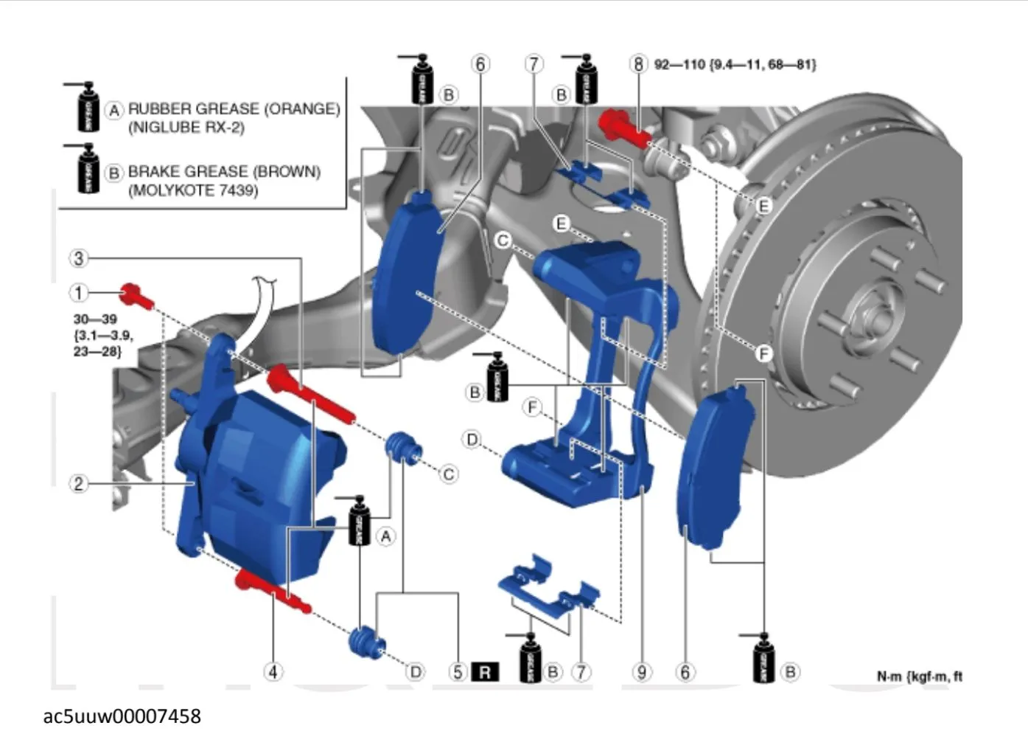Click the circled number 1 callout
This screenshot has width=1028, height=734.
coord(79,293)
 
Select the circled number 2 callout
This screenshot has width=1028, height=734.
coord(79,484)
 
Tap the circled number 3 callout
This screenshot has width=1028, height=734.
coord(79,258)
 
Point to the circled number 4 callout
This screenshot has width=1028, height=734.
coord(273,672)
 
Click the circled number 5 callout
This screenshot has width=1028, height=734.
coord(458,672)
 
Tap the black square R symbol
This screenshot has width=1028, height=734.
coord(485,672)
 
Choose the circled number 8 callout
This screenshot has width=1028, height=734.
coord(638,64)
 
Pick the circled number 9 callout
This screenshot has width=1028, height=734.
coord(642,672)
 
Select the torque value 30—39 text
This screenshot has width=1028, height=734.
coord(95,319)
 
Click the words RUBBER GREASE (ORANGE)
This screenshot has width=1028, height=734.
coord(234,109)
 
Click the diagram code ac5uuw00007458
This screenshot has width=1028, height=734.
coord(122,716)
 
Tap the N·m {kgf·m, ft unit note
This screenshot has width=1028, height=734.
coord(919,676)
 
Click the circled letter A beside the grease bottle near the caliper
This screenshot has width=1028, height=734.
coord(385,536)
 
